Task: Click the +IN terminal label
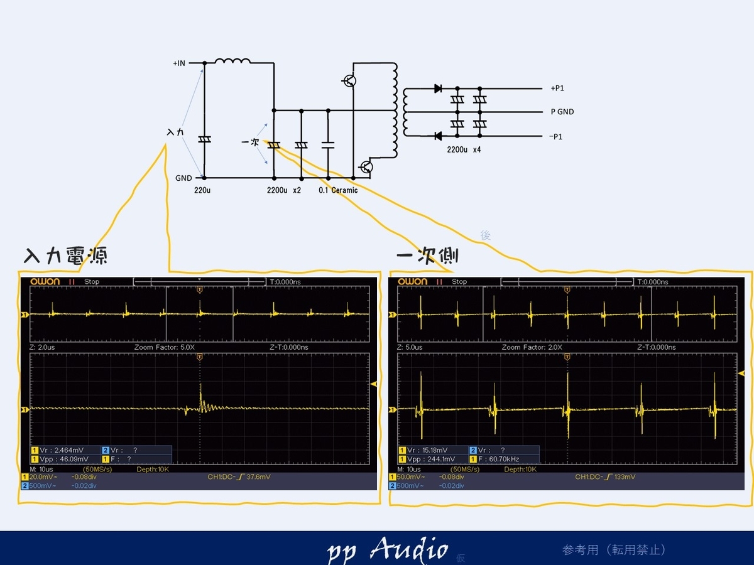tap(179, 63)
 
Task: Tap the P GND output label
tap(562, 112)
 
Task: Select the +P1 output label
tap(557, 89)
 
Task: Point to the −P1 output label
tap(557, 136)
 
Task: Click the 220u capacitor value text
tap(202, 190)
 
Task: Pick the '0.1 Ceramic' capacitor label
tap(338, 190)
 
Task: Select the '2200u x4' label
tap(464, 150)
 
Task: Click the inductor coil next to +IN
tap(232, 61)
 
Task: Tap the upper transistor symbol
tap(349, 80)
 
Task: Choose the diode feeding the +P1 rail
tap(438, 89)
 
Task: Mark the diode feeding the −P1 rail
tap(438, 136)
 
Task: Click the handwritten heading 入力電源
tap(65, 256)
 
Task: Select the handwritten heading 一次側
tap(427, 256)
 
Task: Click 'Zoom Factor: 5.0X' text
tap(165, 347)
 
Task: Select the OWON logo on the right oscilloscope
tap(412, 281)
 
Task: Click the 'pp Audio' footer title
tap(388, 550)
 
